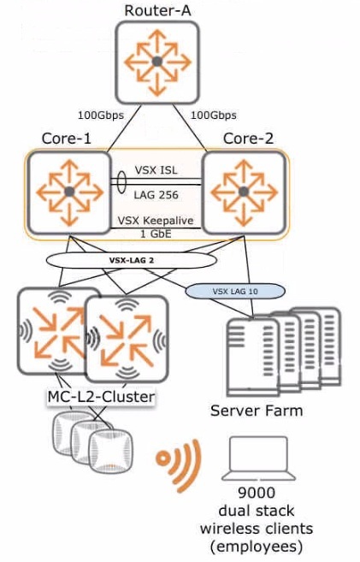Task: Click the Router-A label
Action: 157,10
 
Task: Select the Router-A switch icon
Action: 156,62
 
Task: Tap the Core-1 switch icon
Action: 69,192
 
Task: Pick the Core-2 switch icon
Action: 244,192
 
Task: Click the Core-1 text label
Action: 66,139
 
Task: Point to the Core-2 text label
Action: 248,139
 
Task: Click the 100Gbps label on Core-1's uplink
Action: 101,115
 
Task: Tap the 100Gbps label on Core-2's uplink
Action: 214,115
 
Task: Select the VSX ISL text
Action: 156,170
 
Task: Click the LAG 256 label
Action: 156,195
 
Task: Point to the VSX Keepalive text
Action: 156,220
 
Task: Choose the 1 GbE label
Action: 156,234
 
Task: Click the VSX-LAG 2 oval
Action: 132,260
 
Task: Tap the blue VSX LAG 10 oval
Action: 235,292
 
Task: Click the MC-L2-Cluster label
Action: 102,397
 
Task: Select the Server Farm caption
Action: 257,411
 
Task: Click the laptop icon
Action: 258,458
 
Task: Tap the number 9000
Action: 257,493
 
